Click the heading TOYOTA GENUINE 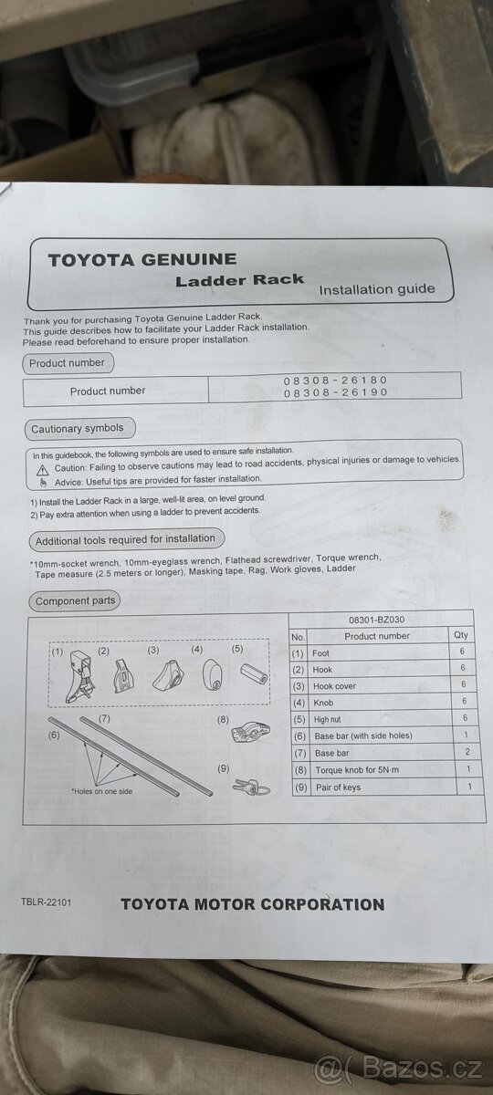142,259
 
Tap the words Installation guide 376,289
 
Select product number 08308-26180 335,381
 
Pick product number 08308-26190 335,392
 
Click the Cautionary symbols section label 78,429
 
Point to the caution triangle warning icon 43,470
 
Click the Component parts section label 75,600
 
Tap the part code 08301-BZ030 376,620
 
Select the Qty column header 461,634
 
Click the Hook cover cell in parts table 334,686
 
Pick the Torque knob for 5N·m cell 357,770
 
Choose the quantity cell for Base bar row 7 467,752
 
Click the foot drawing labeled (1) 80,676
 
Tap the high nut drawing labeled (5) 255,673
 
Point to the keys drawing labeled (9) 251,787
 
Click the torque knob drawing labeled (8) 250,732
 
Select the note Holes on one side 101,791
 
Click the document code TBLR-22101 46,902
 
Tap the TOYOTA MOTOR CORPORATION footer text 252,904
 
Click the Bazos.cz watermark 398,1069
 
